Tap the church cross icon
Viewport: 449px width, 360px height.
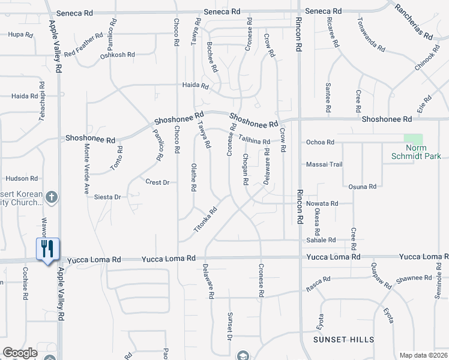pos(52,197)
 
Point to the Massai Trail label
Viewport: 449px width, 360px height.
pos(324,164)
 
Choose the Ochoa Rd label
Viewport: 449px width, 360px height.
pos(320,142)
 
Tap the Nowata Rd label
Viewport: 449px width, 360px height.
pos(322,203)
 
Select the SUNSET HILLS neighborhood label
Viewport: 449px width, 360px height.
pos(343,340)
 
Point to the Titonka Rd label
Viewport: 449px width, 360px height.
pos(205,221)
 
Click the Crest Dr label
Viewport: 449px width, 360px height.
pos(158,182)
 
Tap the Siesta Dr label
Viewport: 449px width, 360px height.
pos(109,197)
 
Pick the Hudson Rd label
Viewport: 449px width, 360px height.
pos(22,178)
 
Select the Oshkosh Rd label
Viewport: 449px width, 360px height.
pos(118,55)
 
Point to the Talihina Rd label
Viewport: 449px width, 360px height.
pos(254,140)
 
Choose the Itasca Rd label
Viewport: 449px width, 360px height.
pos(318,280)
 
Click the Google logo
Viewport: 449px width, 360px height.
pos(20,353)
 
